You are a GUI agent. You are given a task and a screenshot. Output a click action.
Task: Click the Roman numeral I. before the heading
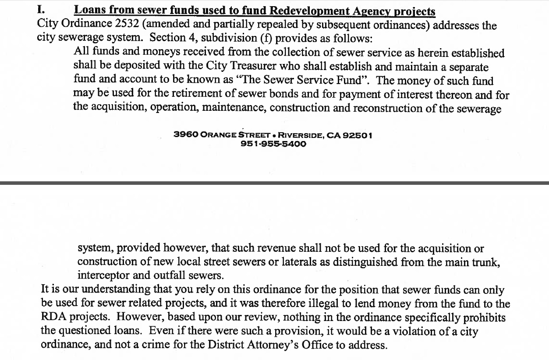pyautogui.click(x=42, y=9)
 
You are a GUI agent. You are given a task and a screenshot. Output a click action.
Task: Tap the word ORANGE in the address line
pyautogui.click(x=219, y=135)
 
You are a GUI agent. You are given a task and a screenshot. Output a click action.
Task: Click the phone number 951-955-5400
pyautogui.click(x=273, y=144)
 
